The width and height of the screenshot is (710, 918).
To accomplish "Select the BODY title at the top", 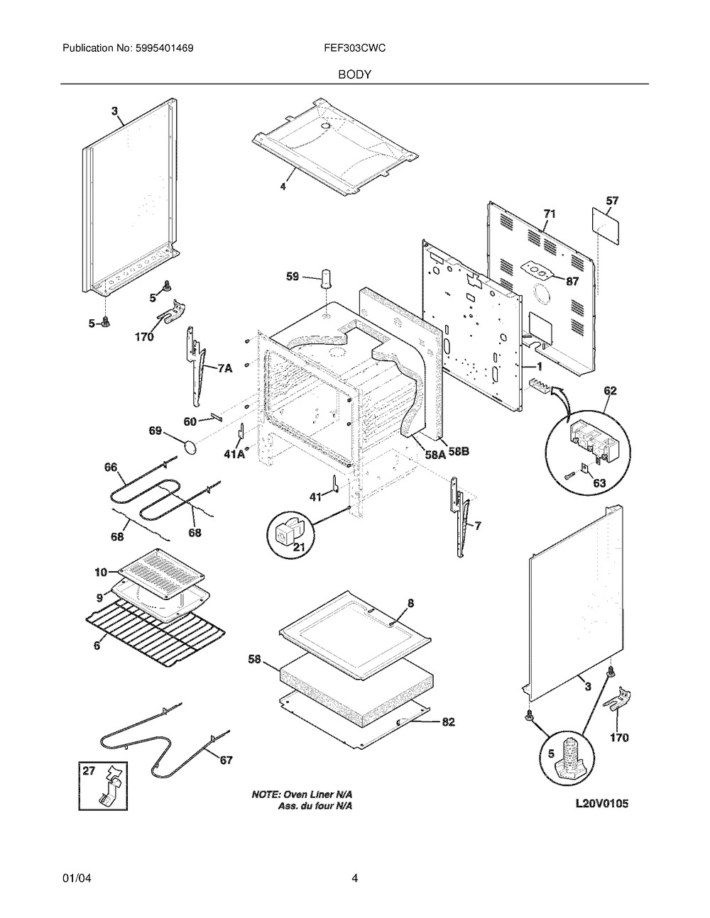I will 354,74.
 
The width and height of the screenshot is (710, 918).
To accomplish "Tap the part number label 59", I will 293,277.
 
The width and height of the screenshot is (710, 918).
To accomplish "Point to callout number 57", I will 611,201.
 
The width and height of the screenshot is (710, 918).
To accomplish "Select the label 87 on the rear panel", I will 572,280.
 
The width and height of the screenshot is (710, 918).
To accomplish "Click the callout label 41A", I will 235,454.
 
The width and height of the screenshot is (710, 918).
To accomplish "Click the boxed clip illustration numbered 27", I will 104,785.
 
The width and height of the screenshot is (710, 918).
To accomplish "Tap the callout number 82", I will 448,721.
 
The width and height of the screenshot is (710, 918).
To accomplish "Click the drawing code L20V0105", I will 603,804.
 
